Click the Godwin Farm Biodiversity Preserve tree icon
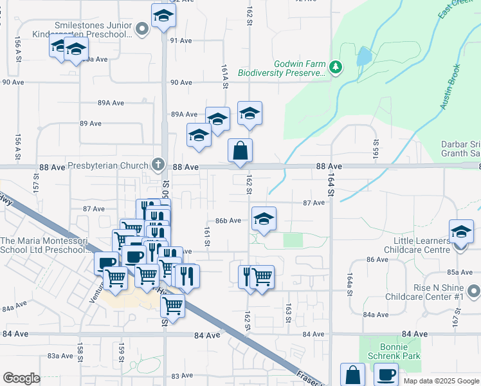pos(335,66)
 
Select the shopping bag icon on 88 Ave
pos(240,151)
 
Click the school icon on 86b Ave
pos(263,219)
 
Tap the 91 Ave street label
pos(181,40)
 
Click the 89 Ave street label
pos(91,123)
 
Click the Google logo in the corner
pos(21,378)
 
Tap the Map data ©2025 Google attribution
pos(440,381)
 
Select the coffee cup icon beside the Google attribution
pos(386,374)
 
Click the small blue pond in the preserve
pos(363,57)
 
